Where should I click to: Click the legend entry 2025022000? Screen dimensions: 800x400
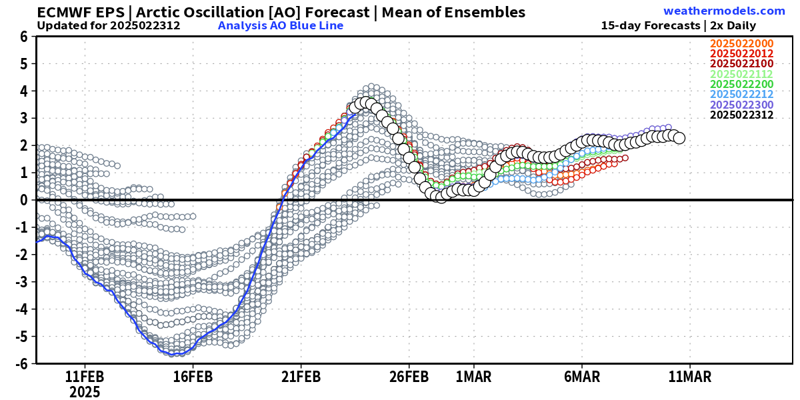coord(741,43)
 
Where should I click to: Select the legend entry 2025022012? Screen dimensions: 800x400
coord(741,53)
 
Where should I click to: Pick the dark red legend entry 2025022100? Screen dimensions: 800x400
coord(741,63)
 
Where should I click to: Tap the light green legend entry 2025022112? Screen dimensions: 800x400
coord(741,74)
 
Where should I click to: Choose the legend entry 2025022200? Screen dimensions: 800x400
coord(741,84)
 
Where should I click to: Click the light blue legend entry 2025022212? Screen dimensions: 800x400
coord(741,94)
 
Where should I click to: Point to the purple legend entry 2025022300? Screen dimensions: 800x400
coord(741,105)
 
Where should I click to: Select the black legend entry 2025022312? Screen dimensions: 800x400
coord(741,115)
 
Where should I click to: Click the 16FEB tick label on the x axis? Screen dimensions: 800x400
coord(193,377)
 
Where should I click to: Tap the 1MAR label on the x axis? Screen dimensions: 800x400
coord(473,377)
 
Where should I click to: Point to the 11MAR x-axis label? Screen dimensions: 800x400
coord(689,377)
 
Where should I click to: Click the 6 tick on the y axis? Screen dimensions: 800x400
coord(23,37)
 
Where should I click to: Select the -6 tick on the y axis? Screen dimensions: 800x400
coord(21,363)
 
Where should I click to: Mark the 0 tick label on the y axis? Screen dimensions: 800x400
coord(23,200)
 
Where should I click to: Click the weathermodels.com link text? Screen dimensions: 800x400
coord(724,11)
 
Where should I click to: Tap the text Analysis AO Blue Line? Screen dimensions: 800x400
coord(281,26)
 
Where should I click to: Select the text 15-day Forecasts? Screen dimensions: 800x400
coord(651,26)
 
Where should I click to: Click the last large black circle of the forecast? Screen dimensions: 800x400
coord(679,138)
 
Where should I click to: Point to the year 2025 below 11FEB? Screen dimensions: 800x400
coord(85,392)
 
